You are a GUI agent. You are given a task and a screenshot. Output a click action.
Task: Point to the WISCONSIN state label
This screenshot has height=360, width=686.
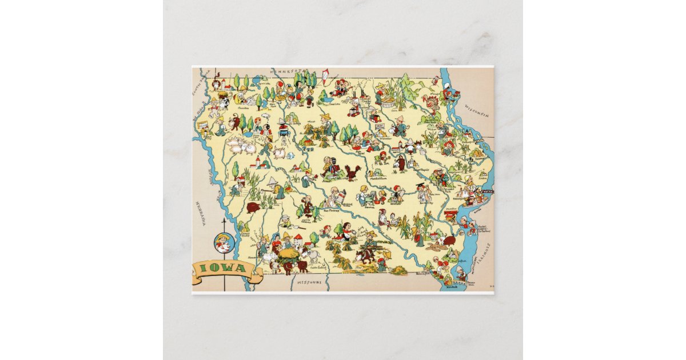[477, 114]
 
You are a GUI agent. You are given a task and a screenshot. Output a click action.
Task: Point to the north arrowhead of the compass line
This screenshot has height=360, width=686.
[222, 219]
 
